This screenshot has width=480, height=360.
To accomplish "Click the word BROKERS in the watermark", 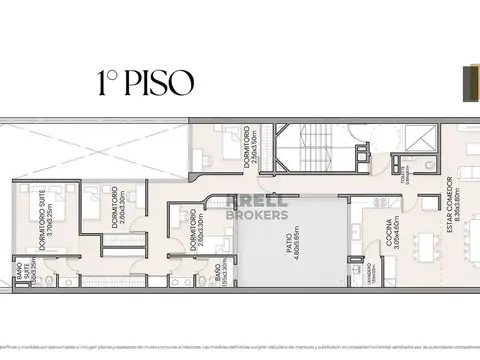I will click(x=257, y=213).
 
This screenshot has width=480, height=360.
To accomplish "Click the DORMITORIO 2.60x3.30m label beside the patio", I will click(x=197, y=229).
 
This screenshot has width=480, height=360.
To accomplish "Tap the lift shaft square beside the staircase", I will click(x=358, y=139).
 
